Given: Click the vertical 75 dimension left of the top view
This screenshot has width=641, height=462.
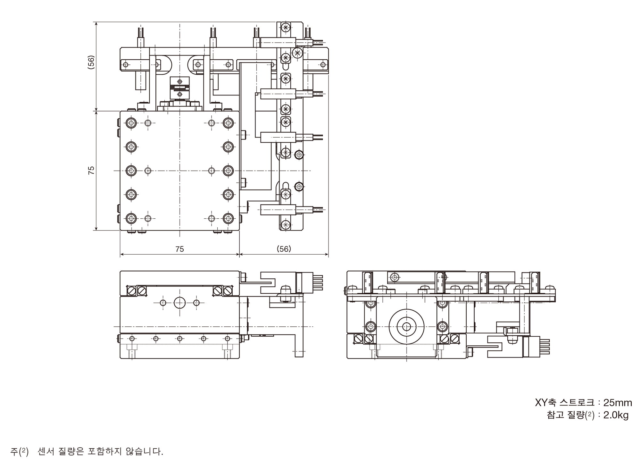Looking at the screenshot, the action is pyautogui.click(x=91, y=170).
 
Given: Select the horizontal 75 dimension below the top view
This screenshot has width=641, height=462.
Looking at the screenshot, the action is pyautogui.click(x=180, y=249).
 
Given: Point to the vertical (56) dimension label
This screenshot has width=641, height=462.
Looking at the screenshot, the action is pyautogui.click(x=91, y=63).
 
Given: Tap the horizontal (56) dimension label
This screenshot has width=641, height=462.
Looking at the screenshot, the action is pyautogui.click(x=284, y=249).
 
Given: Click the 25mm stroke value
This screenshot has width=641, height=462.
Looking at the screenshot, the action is pyautogui.click(x=618, y=403).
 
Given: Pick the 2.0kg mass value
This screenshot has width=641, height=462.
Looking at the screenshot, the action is pyautogui.click(x=616, y=415).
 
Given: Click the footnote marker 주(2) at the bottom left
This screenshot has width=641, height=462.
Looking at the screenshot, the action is pyautogui.click(x=20, y=452).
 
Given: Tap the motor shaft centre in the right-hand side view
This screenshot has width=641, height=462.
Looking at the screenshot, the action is pyautogui.click(x=406, y=327).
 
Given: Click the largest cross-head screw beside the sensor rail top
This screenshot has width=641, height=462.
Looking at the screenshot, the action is pyautogui.click(x=297, y=53).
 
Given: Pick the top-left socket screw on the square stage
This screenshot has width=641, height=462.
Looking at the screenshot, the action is pyautogui.click(x=131, y=122).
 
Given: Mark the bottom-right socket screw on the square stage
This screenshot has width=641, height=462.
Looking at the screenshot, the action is pyautogui.click(x=228, y=218).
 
